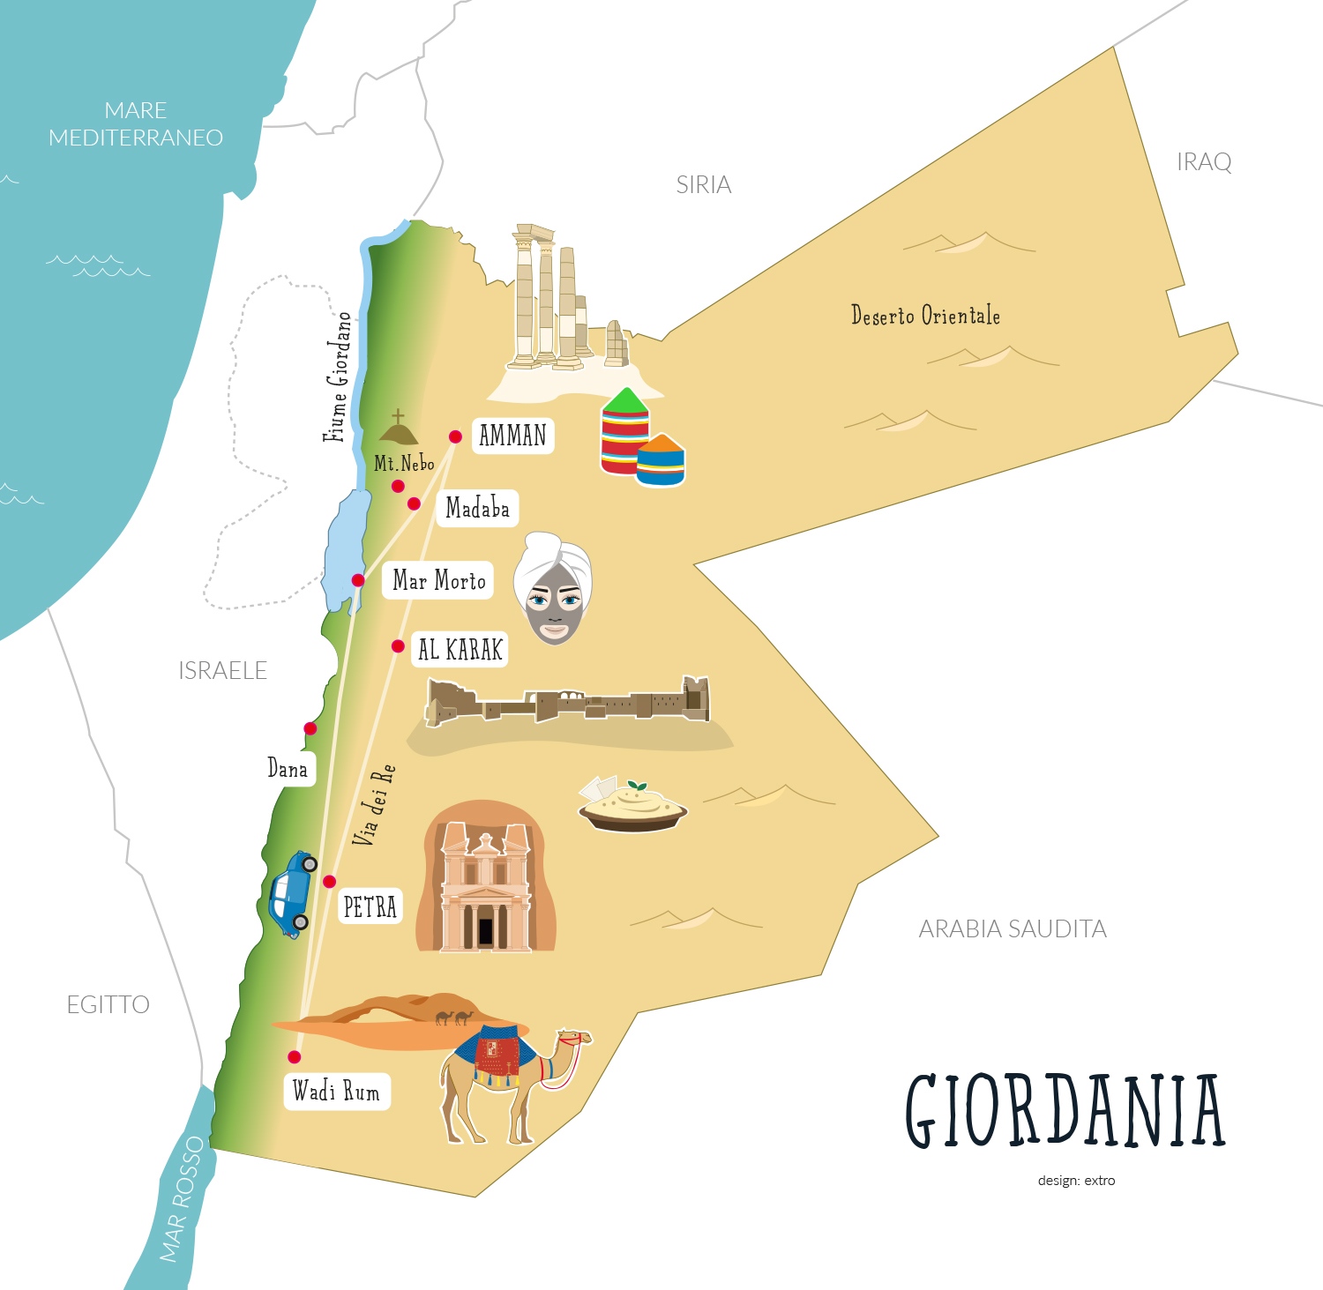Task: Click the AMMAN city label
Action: click(512, 436)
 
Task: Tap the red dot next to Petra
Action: click(329, 881)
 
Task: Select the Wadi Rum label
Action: click(336, 1092)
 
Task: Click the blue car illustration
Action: click(292, 893)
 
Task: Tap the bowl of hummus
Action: click(632, 807)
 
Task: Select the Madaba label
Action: click(477, 509)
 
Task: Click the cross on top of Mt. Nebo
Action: click(399, 415)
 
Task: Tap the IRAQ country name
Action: click(1203, 162)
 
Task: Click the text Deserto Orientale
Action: click(925, 316)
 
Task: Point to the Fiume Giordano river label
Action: click(338, 377)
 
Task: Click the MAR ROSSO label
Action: click(182, 1199)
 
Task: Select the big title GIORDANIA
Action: click(1065, 1111)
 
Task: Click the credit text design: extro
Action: click(1076, 1181)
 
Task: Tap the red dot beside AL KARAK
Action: click(398, 646)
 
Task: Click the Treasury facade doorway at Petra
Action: click(485, 930)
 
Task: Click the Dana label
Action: click(288, 769)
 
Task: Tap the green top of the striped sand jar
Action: click(625, 402)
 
